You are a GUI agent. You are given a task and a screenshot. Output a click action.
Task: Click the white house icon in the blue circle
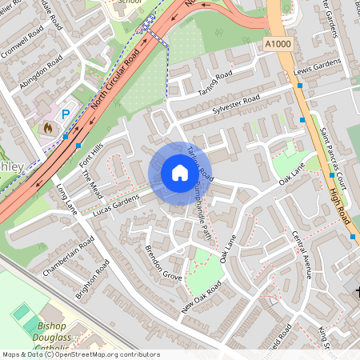(x=179, y=173)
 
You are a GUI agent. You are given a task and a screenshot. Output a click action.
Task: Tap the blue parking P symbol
(x=66, y=115)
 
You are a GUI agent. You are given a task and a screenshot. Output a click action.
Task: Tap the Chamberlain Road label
(x=64, y=261)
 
